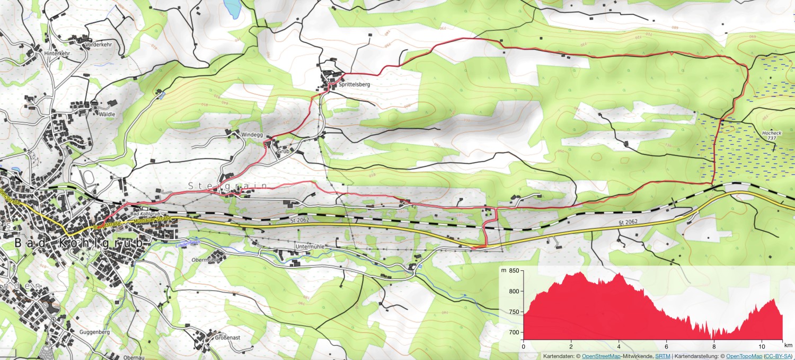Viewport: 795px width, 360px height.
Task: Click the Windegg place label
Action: click(x=252, y=135)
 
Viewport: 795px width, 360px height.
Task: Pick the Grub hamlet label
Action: click(x=283, y=151)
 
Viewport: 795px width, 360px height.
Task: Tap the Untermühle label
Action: click(x=309, y=247)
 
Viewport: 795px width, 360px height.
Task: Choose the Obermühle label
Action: click(x=205, y=260)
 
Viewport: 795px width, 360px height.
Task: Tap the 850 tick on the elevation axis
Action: click(x=513, y=271)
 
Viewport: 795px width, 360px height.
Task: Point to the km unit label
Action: click(x=788, y=346)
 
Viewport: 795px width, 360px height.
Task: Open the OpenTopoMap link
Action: click(x=744, y=356)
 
